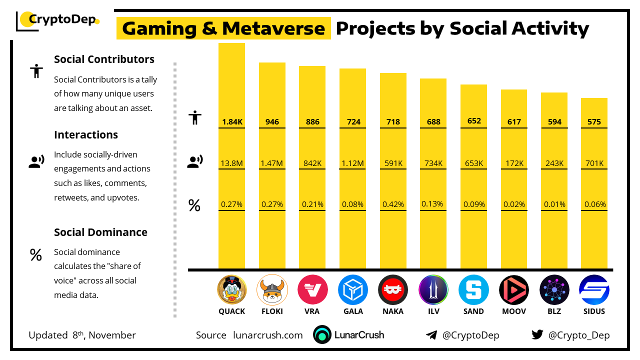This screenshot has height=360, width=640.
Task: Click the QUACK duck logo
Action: (x=231, y=290)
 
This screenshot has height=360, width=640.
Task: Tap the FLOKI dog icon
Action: (x=272, y=290)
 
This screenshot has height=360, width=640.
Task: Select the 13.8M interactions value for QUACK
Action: (x=231, y=163)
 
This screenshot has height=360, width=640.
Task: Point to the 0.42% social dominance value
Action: (x=393, y=204)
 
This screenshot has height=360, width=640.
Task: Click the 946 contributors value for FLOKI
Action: (x=272, y=122)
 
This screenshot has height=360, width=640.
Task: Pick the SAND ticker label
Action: (x=473, y=311)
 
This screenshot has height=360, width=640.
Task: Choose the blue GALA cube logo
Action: (x=352, y=290)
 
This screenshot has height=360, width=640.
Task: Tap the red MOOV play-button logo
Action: (x=513, y=290)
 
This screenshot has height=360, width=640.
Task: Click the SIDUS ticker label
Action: (x=594, y=311)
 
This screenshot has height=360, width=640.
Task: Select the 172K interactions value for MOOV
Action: (x=514, y=163)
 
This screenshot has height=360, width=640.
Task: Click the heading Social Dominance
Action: (x=100, y=232)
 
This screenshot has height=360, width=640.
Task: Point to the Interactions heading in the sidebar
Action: (x=86, y=134)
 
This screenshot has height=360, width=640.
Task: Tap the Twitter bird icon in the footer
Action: (x=537, y=335)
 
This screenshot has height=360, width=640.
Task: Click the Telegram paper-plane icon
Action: (x=431, y=335)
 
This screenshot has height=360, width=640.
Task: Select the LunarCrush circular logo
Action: (x=322, y=335)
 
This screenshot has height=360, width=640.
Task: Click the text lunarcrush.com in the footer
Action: (x=268, y=335)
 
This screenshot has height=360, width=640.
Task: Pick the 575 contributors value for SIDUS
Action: (x=594, y=122)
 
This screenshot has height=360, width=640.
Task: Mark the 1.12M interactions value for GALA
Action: (x=352, y=163)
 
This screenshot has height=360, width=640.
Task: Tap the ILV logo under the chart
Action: (x=433, y=290)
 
